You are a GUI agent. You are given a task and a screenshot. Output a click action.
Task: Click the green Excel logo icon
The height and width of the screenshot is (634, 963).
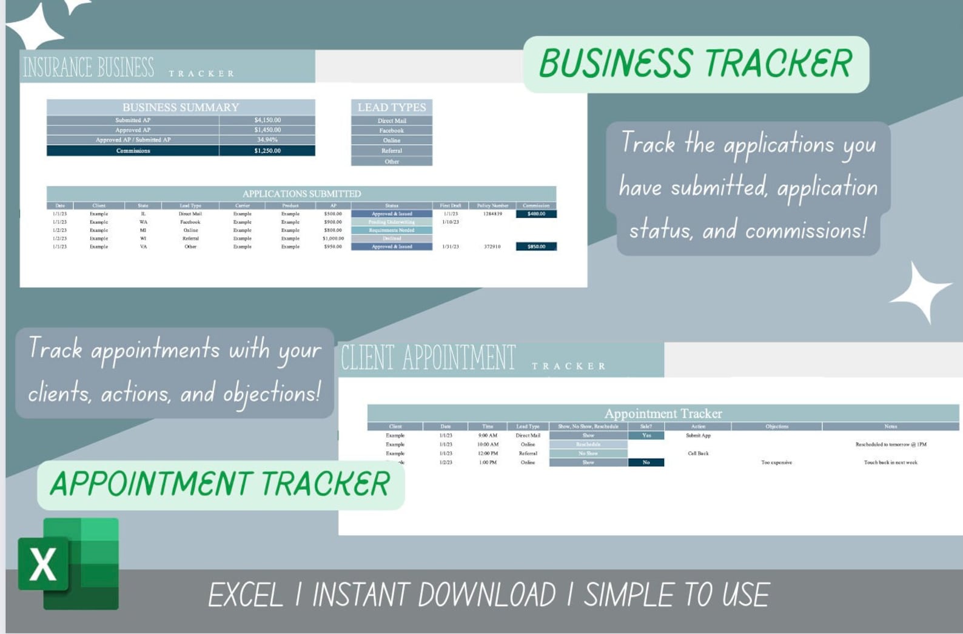pos(69,563)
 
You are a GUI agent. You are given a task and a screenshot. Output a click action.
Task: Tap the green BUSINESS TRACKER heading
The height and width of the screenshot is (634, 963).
pos(696,64)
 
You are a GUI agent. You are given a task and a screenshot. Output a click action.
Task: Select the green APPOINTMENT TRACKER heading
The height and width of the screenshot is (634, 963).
pos(220,484)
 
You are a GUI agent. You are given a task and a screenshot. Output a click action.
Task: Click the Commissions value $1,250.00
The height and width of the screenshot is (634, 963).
pos(267,151)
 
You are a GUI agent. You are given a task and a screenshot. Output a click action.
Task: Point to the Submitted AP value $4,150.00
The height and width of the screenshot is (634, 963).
pos(267,120)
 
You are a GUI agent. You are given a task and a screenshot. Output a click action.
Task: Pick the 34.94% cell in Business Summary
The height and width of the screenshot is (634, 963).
pos(267,139)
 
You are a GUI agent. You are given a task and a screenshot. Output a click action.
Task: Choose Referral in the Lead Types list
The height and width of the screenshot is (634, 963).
pos(391,151)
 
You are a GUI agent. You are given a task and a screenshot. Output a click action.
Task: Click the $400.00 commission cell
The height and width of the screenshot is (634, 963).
pos(536,214)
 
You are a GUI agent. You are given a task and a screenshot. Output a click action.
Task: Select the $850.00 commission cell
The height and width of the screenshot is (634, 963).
pos(536,247)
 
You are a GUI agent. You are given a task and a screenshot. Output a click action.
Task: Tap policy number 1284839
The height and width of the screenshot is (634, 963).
pos(492,214)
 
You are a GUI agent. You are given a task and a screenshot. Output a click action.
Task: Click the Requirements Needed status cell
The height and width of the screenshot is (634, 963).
pos(391,230)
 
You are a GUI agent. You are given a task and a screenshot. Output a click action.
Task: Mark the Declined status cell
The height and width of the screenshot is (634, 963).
pos(391,238)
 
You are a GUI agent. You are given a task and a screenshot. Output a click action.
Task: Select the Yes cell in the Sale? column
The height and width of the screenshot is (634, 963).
pos(646,435)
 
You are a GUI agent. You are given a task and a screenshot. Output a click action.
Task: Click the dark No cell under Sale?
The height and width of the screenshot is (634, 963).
pos(646,462)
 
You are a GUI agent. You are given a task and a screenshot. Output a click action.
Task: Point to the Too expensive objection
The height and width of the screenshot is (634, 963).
pos(776,462)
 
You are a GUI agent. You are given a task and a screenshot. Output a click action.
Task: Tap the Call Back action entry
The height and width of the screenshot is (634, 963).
pos(698,453)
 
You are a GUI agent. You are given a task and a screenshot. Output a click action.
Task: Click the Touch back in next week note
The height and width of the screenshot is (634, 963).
pos(890,462)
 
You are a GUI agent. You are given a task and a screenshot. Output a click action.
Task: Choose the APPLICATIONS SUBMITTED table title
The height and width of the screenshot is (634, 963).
pos(301,194)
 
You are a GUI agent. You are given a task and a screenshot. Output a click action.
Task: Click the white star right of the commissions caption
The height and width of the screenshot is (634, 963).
pos(920,293)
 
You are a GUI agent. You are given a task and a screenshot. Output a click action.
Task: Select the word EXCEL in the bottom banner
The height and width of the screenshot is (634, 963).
pos(246,595)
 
